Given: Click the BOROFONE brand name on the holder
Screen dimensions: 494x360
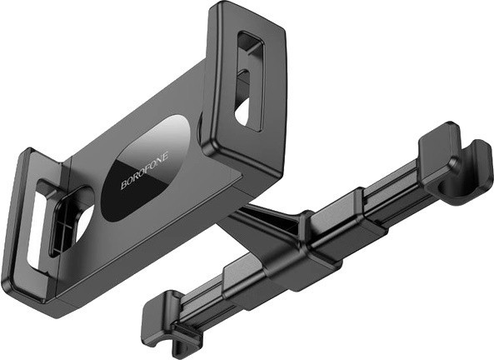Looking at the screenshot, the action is tap(145, 170).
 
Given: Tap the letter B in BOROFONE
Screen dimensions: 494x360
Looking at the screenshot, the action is tap(123, 185).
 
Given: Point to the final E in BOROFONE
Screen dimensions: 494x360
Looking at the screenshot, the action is tap(167, 155).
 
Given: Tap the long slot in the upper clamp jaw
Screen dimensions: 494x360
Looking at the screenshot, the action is tap(249, 80).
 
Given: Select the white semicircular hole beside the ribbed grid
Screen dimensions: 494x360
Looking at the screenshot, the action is tap(83, 225).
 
